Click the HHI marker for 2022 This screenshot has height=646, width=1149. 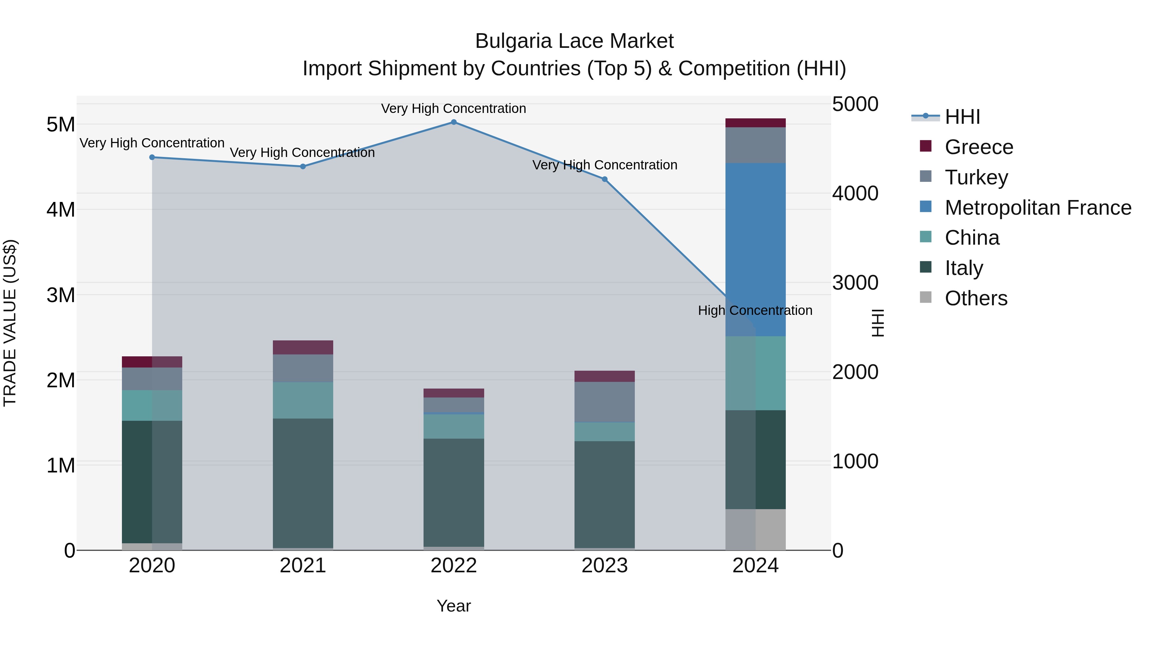click(454, 122)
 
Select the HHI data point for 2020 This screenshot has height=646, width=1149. click(152, 157)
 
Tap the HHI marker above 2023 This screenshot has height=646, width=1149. click(605, 179)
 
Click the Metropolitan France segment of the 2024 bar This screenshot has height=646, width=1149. click(755, 250)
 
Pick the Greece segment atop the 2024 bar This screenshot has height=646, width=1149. click(755, 123)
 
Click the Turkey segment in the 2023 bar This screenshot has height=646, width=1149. click(605, 402)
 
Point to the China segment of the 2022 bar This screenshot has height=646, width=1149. click(454, 427)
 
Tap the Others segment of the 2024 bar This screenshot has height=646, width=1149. click(755, 530)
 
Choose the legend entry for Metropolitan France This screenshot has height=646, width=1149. click(1038, 208)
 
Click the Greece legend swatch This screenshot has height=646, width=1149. click(926, 146)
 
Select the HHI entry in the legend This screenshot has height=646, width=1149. click(962, 117)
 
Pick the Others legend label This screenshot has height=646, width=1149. click(976, 298)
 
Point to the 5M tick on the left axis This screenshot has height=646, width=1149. click(61, 124)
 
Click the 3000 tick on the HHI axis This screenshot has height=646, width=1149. click(855, 283)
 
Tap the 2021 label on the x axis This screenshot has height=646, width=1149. click(303, 566)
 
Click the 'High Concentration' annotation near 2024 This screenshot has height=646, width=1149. click(755, 310)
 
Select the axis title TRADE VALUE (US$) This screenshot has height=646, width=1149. click(10, 323)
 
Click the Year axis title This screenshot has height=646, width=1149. click(454, 606)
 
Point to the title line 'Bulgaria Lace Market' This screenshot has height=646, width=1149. click(574, 41)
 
